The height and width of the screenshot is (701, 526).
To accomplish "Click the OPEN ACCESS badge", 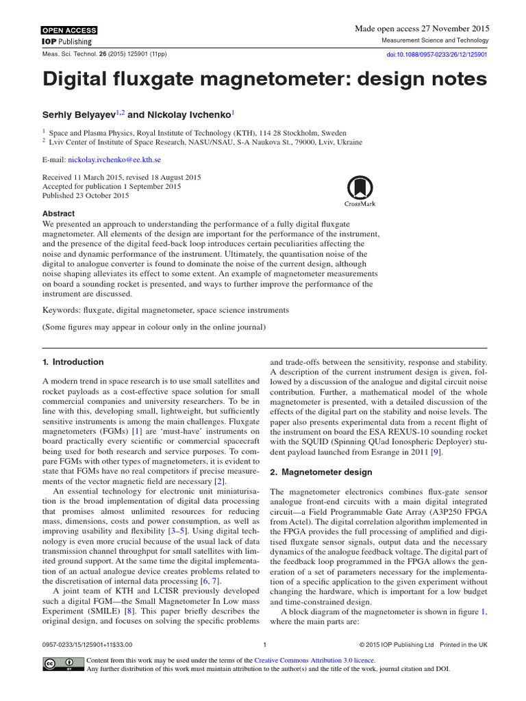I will click(69, 30).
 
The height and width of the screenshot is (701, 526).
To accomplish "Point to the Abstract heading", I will click(59, 214).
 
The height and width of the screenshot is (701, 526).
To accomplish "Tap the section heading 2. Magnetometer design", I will click(321, 472).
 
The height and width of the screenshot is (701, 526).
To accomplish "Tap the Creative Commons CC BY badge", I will click(60, 664).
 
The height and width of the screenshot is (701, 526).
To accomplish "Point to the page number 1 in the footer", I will click(264, 644).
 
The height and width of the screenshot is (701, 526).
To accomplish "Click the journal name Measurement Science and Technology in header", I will click(434, 41).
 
